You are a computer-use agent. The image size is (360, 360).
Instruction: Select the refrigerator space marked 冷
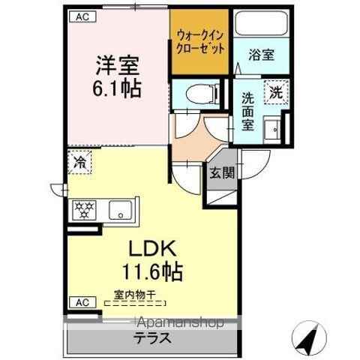point(79,162)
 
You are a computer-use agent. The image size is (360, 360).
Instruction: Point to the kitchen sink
point(119,209)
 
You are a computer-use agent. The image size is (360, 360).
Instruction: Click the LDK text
point(154,247)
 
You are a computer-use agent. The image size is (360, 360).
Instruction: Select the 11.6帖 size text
point(154,271)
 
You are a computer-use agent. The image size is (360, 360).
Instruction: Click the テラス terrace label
point(152,337)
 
